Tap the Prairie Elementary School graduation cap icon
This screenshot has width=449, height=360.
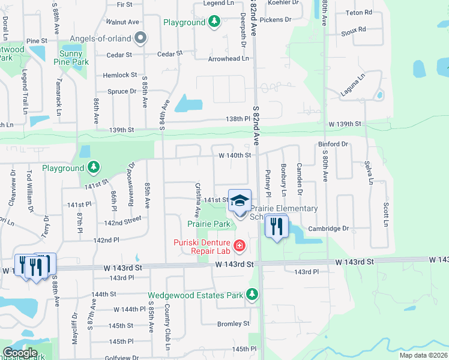240,201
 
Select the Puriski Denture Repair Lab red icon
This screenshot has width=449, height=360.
240,245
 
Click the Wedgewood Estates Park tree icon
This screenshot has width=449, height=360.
252,295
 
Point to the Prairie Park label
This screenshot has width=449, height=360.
209,224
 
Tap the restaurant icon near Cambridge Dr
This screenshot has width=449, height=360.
277,227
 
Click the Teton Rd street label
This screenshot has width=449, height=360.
359,12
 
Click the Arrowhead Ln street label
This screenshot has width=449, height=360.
228,59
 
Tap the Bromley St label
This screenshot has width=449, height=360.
234,323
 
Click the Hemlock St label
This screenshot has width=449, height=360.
120,75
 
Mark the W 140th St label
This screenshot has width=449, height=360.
235,155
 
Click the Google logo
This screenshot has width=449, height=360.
20,353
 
